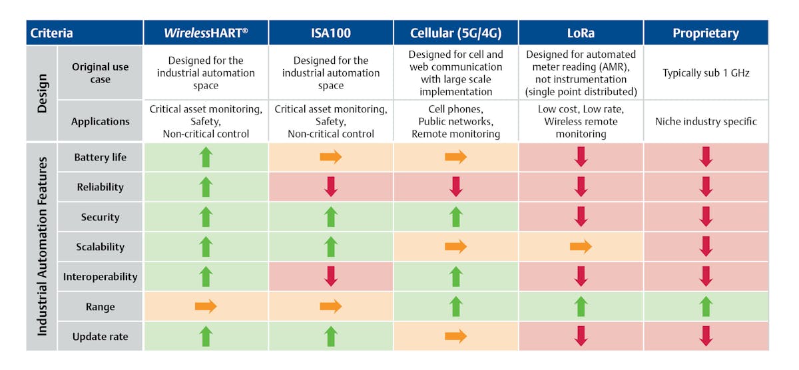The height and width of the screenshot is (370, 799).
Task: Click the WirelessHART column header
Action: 206,33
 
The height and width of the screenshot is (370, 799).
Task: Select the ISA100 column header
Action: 331,33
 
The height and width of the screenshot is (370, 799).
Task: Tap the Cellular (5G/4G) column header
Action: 455,33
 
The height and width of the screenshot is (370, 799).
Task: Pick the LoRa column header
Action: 581,33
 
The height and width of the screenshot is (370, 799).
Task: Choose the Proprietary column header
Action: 706,33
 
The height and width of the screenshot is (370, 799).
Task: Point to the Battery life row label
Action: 100,158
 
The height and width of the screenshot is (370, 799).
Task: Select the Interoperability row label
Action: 100,277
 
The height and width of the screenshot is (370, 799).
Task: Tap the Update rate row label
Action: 100,337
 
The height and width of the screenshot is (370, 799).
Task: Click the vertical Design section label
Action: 42,93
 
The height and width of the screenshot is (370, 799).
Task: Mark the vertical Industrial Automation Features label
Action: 42,246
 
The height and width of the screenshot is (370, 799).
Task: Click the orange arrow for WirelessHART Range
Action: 206,307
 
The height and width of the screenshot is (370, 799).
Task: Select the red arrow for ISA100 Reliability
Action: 331,187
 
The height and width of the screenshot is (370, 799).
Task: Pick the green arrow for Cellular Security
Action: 455,217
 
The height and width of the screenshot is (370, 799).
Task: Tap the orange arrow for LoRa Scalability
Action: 581,247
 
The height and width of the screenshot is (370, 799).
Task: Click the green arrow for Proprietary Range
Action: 706,307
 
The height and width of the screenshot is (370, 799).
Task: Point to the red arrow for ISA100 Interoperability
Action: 331,277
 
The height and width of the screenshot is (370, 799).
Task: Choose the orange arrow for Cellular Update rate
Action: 455,337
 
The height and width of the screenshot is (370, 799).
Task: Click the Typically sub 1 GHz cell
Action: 706,73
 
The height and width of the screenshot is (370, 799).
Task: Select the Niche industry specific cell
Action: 706,122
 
